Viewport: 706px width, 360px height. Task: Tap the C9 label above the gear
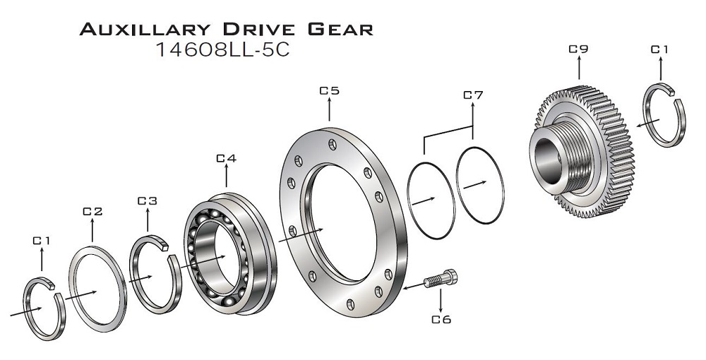coord(578,49)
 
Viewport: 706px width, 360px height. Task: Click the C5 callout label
coord(330,90)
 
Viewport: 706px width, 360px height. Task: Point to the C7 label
coord(473,95)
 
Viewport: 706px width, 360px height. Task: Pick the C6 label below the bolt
coord(441,319)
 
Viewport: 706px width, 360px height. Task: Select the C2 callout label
coord(92,211)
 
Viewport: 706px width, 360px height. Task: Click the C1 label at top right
coord(659,49)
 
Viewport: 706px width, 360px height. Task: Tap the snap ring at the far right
coord(664,116)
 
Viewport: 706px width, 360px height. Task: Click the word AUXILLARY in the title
coord(145,30)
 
